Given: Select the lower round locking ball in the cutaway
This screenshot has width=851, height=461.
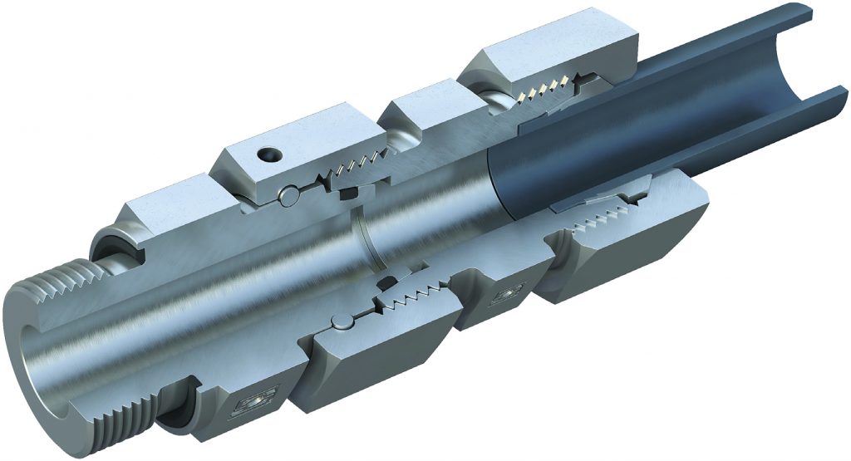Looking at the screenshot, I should point(340,322).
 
